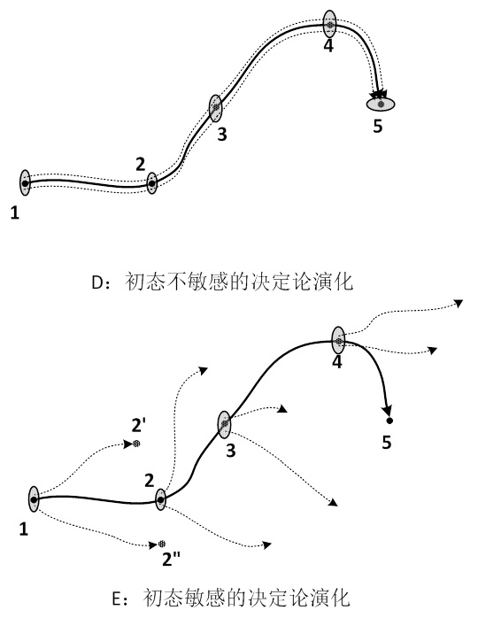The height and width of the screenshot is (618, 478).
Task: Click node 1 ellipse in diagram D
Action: (25, 182)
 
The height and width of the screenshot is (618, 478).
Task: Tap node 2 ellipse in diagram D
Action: (151, 183)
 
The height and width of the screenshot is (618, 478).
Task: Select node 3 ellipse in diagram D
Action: (216, 108)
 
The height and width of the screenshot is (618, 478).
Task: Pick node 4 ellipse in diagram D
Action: (329, 24)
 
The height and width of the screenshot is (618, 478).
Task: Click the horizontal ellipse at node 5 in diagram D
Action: (381, 104)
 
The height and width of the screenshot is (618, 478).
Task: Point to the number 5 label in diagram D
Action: (377, 127)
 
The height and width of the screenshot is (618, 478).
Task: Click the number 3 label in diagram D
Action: (222, 135)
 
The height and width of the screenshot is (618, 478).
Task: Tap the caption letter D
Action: (97, 282)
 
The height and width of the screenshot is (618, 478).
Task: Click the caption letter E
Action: (117, 599)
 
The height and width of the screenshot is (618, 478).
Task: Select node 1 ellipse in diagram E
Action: (34, 499)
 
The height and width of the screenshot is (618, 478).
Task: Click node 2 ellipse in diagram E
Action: (160, 499)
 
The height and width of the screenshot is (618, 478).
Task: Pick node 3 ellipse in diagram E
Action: (224, 424)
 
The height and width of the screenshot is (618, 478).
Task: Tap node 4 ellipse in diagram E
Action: (338, 340)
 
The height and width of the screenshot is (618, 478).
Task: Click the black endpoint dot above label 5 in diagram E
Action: (389, 421)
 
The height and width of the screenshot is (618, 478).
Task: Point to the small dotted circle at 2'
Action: (136, 444)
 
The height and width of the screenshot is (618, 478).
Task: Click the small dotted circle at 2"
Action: (162, 545)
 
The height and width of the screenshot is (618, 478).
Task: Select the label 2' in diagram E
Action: (139, 426)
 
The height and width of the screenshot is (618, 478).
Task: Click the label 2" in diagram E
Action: (171, 560)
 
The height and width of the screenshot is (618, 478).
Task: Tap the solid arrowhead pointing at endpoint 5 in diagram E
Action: (388, 410)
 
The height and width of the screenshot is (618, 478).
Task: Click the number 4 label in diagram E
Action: (337, 362)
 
